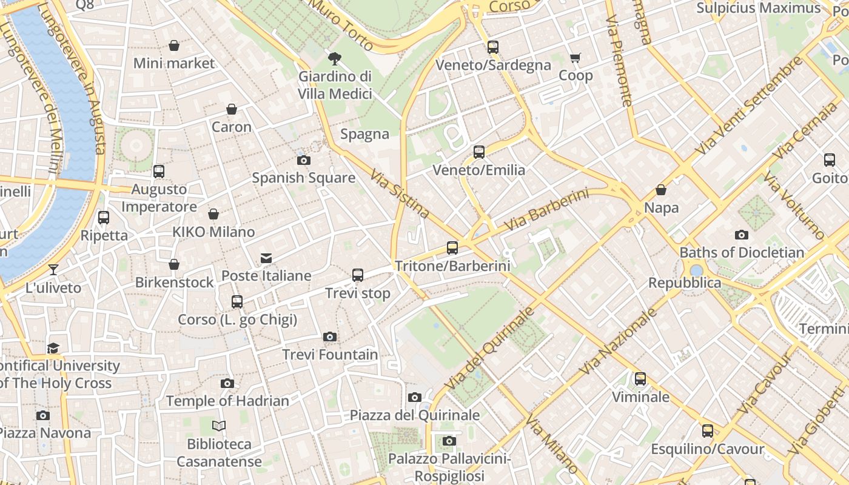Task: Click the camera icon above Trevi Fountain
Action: click(x=330, y=336)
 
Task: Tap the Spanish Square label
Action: click(x=303, y=178)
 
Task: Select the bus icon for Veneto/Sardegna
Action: click(x=493, y=47)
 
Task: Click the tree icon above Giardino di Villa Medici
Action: click(x=334, y=59)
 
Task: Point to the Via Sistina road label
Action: click(x=400, y=193)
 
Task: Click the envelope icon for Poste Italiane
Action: click(x=266, y=258)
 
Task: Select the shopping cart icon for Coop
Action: click(x=575, y=58)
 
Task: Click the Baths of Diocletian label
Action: click(x=742, y=252)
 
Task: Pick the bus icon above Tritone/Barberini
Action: click(x=452, y=247)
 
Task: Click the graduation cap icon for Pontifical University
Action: click(x=53, y=348)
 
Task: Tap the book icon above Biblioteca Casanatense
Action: click(x=219, y=426)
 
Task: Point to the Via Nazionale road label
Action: click(x=618, y=341)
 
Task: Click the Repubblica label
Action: click(x=685, y=283)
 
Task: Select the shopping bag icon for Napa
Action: click(x=661, y=190)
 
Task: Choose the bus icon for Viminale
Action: click(x=640, y=379)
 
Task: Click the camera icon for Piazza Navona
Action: click(x=42, y=415)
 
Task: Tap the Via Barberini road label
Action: click(x=546, y=210)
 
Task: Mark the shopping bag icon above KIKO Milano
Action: click(x=213, y=214)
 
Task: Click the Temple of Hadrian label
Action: click(x=227, y=401)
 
